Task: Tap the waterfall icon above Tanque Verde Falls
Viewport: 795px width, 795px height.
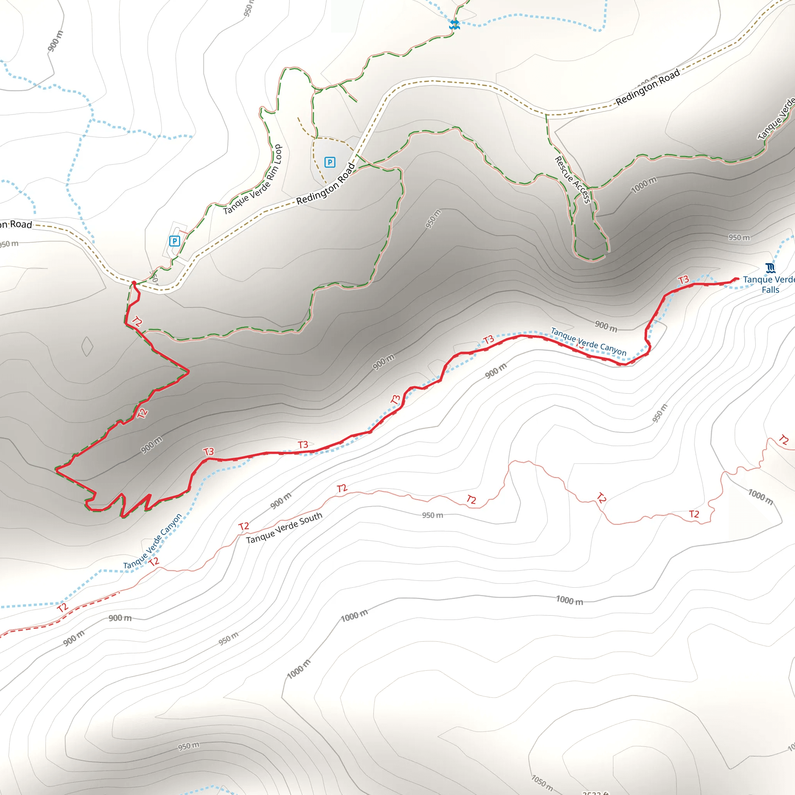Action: tap(770, 268)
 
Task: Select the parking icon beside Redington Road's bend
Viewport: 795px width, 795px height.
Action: tap(330, 162)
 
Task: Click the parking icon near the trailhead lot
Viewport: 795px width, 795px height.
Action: tap(174, 241)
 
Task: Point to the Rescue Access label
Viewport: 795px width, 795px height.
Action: tap(573, 180)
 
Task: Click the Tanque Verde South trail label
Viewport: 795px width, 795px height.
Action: tap(284, 528)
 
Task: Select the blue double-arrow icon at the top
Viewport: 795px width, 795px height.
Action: tap(454, 24)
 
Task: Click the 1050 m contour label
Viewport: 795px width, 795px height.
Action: tap(542, 782)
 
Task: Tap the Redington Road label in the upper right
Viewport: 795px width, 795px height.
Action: tap(647, 87)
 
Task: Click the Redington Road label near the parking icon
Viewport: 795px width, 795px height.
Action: tap(325, 184)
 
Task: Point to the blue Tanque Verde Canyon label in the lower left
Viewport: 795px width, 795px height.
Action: tap(152, 542)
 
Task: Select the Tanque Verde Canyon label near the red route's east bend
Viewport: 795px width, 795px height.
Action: tap(588, 342)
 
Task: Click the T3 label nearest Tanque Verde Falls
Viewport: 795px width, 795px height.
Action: tap(683, 280)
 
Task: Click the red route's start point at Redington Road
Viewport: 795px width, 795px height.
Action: tap(134, 283)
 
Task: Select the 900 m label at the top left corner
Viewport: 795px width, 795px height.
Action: tap(56, 41)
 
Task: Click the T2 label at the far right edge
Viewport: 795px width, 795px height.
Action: tap(783, 440)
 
